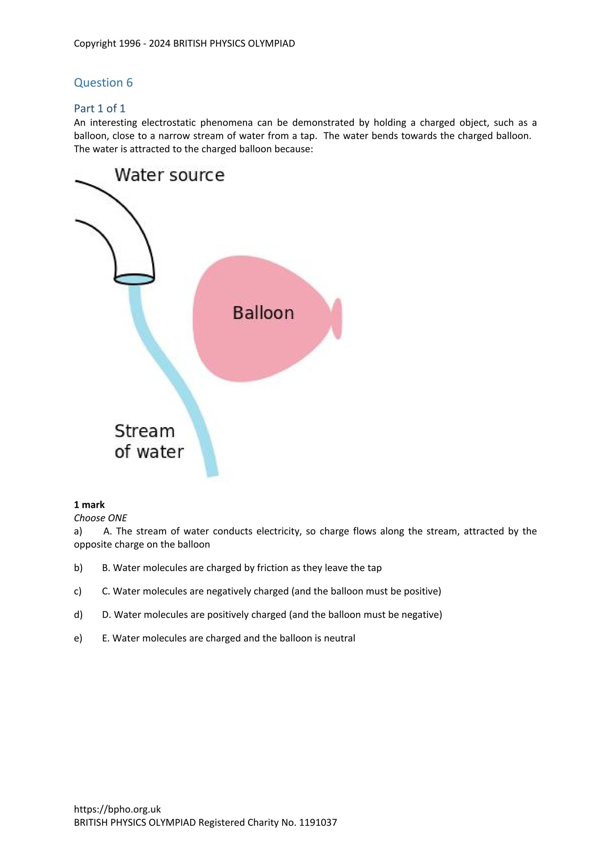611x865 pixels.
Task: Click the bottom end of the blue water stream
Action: pos(213,476)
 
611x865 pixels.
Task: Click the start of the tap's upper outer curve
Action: pos(76,181)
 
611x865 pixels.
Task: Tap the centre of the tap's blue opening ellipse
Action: pos(134,279)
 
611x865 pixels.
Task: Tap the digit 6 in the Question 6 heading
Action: pos(129,82)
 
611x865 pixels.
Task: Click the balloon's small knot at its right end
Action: pos(337,319)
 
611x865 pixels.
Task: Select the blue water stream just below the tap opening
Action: pos(135,298)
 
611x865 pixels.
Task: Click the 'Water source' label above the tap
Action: pos(169,175)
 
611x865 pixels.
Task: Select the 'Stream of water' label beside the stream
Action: pos(149,442)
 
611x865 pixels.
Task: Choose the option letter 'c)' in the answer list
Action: pos(78,591)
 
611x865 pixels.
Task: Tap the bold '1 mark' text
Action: pos(89,504)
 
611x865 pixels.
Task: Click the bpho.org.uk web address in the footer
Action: pos(117,809)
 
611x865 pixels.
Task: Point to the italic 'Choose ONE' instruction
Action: pos(101,518)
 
